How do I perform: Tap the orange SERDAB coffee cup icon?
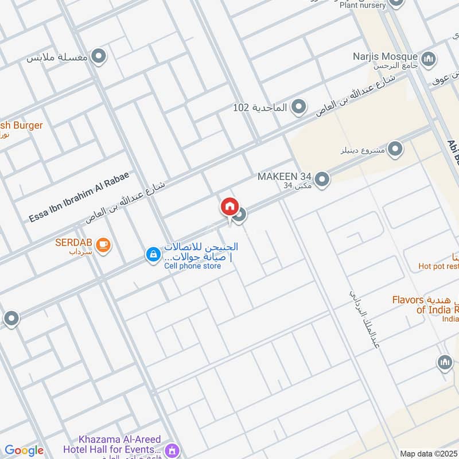tap(103, 245)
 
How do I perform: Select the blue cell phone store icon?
tap(153, 254)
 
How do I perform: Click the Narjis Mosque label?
tap(385, 56)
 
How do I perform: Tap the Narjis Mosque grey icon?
tap(428, 59)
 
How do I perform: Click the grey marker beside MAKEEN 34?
tap(322, 180)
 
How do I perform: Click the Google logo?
tap(24, 450)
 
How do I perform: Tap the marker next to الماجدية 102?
tap(298, 107)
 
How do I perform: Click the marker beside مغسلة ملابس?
tap(99, 57)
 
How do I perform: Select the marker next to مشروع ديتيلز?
tap(395, 150)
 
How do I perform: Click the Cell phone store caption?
tap(192, 266)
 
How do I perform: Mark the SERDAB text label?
tap(74, 242)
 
